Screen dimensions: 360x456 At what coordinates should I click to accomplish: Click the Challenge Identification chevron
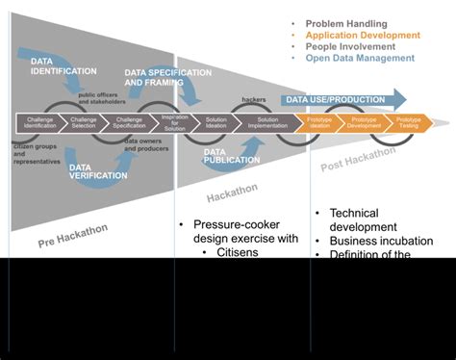(x=39, y=123)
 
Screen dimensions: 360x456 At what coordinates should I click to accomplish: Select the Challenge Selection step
(x=85, y=123)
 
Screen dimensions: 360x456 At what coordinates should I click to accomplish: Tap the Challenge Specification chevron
(x=130, y=123)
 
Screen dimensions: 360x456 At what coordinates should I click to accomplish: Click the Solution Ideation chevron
(x=217, y=123)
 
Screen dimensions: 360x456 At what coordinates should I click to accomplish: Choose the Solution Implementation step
(x=263, y=123)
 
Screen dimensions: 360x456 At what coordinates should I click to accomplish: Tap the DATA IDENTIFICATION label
(x=63, y=64)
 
